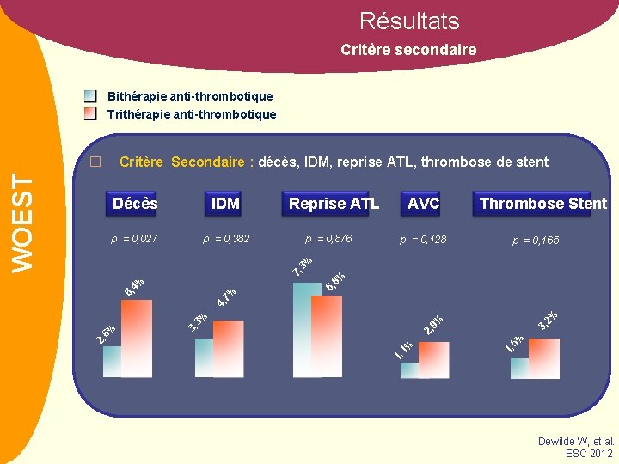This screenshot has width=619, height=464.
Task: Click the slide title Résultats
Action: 409,21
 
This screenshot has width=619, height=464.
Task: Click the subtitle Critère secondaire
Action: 408,50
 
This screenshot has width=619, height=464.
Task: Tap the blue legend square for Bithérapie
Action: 90,96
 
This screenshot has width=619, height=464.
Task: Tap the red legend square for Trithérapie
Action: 90,113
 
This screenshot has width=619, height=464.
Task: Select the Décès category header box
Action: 135,204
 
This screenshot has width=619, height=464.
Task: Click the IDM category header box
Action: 225,204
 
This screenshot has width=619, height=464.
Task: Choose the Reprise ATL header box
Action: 334,204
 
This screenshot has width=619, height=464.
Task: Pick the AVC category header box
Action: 423,204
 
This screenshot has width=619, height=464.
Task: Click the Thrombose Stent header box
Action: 542,204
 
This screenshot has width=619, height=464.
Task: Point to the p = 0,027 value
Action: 134,239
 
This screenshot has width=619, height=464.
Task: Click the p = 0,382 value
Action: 226,239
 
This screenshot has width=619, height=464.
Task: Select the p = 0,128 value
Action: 423,240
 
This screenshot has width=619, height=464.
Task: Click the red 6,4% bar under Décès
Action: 137,339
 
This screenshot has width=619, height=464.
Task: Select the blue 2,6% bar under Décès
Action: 112,362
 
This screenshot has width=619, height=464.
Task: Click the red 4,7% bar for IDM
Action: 229,348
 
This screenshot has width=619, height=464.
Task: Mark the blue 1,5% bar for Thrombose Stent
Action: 519,369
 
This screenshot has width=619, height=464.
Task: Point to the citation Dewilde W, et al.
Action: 575,441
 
